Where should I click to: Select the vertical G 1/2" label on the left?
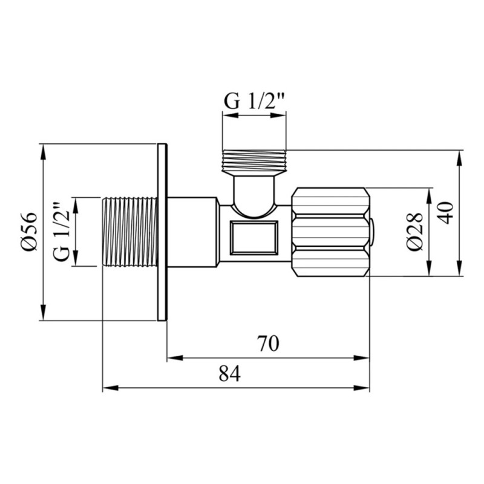pos(60,232)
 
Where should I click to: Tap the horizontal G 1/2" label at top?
pos(254,101)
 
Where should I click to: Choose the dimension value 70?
pos(267,344)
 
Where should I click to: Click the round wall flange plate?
pos(162,232)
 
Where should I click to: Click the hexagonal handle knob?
pos(331,232)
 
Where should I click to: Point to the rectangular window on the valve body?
pos(254,237)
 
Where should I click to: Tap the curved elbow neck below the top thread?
pos(253,194)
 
